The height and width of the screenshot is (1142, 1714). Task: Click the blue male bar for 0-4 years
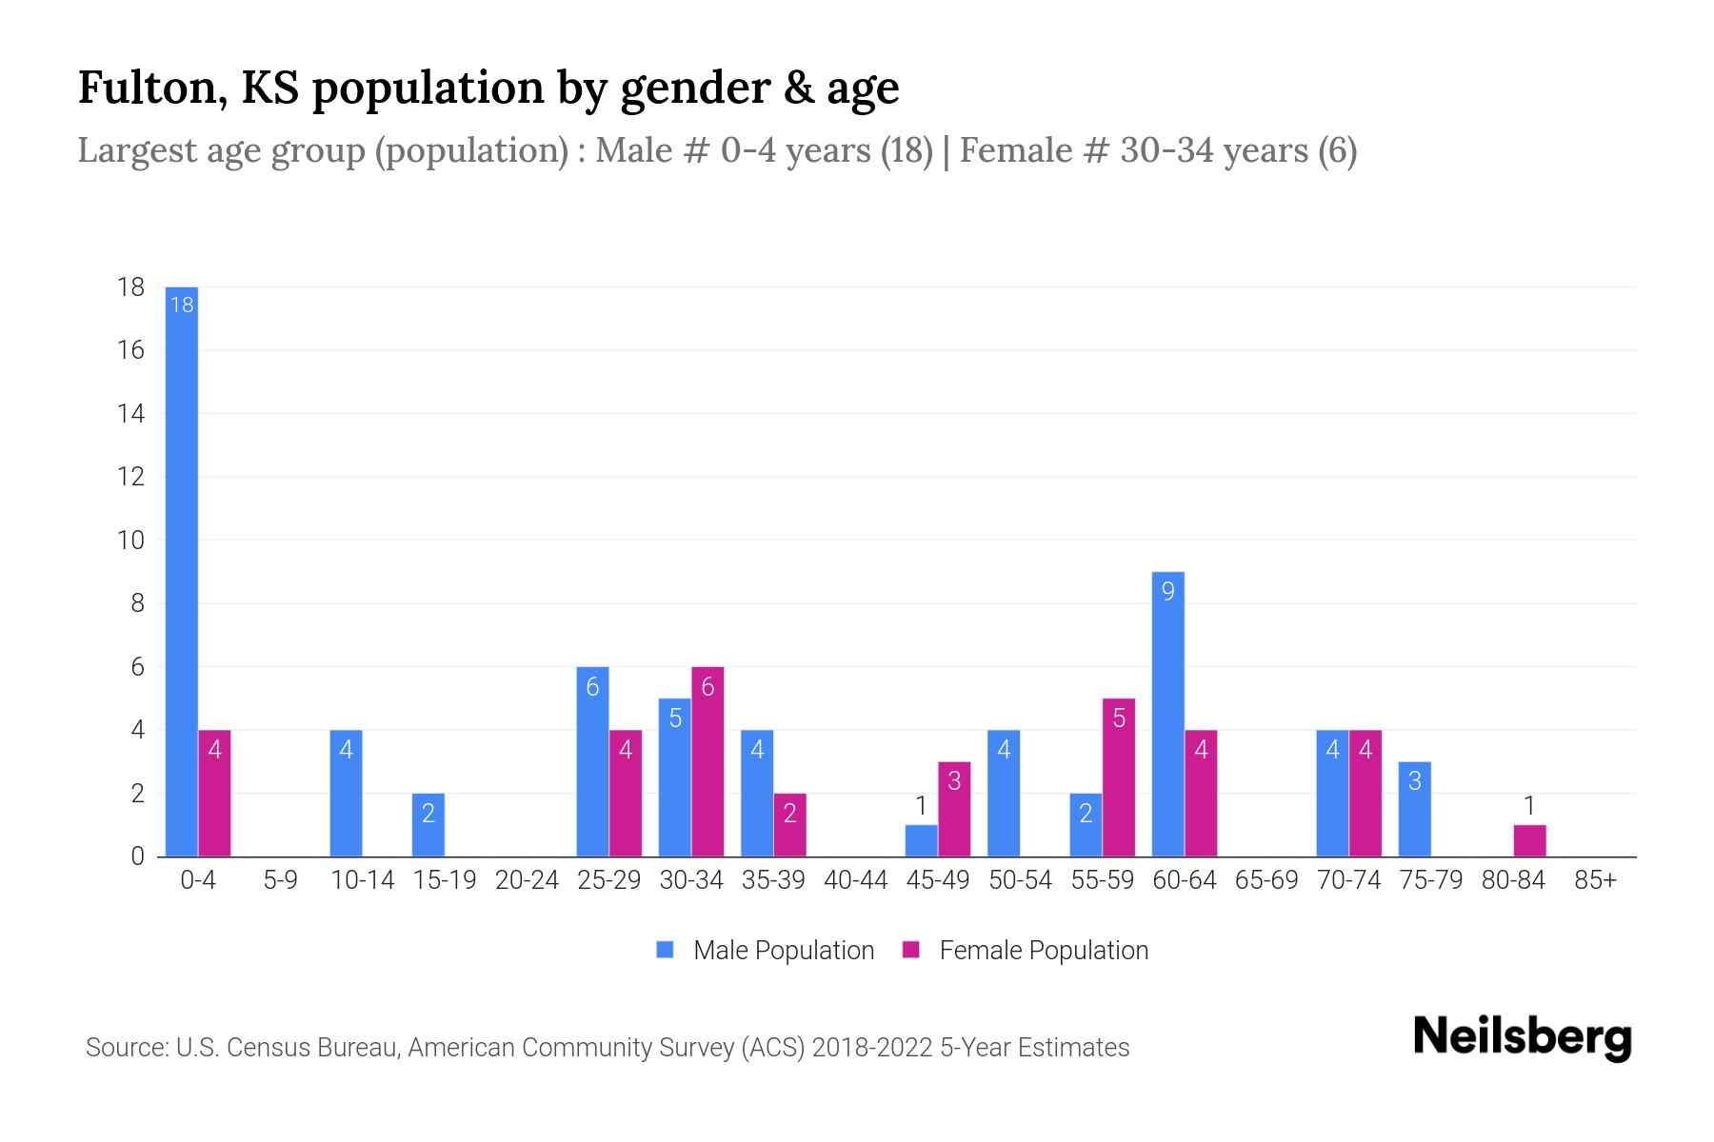point(182,571)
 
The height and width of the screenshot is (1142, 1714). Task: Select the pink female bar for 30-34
point(708,761)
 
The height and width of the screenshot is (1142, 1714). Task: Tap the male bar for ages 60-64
point(1168,714)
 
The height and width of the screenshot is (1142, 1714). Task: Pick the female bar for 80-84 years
point(1529,840)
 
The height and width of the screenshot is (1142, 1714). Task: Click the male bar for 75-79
point(1414,809)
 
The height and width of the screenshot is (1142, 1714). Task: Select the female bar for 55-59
point(1119,778)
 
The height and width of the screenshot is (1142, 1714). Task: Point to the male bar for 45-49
point(921,840)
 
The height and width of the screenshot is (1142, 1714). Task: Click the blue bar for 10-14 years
point(346,793)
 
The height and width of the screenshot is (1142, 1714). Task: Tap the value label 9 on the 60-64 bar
point(1168,591)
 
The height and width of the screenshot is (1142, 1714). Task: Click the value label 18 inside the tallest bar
point(182,305)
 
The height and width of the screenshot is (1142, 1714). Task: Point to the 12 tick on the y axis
point(130,477)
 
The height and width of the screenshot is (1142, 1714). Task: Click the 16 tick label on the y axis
point(130,350)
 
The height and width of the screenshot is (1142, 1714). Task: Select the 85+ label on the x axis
point(1595,880)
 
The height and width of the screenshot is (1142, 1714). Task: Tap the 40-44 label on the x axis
point(855,880)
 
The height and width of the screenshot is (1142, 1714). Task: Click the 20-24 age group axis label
point(527,880)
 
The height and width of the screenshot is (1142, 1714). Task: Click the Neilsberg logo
point(1522,1037)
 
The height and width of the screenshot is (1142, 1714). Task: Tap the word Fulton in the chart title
point(150,88)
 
